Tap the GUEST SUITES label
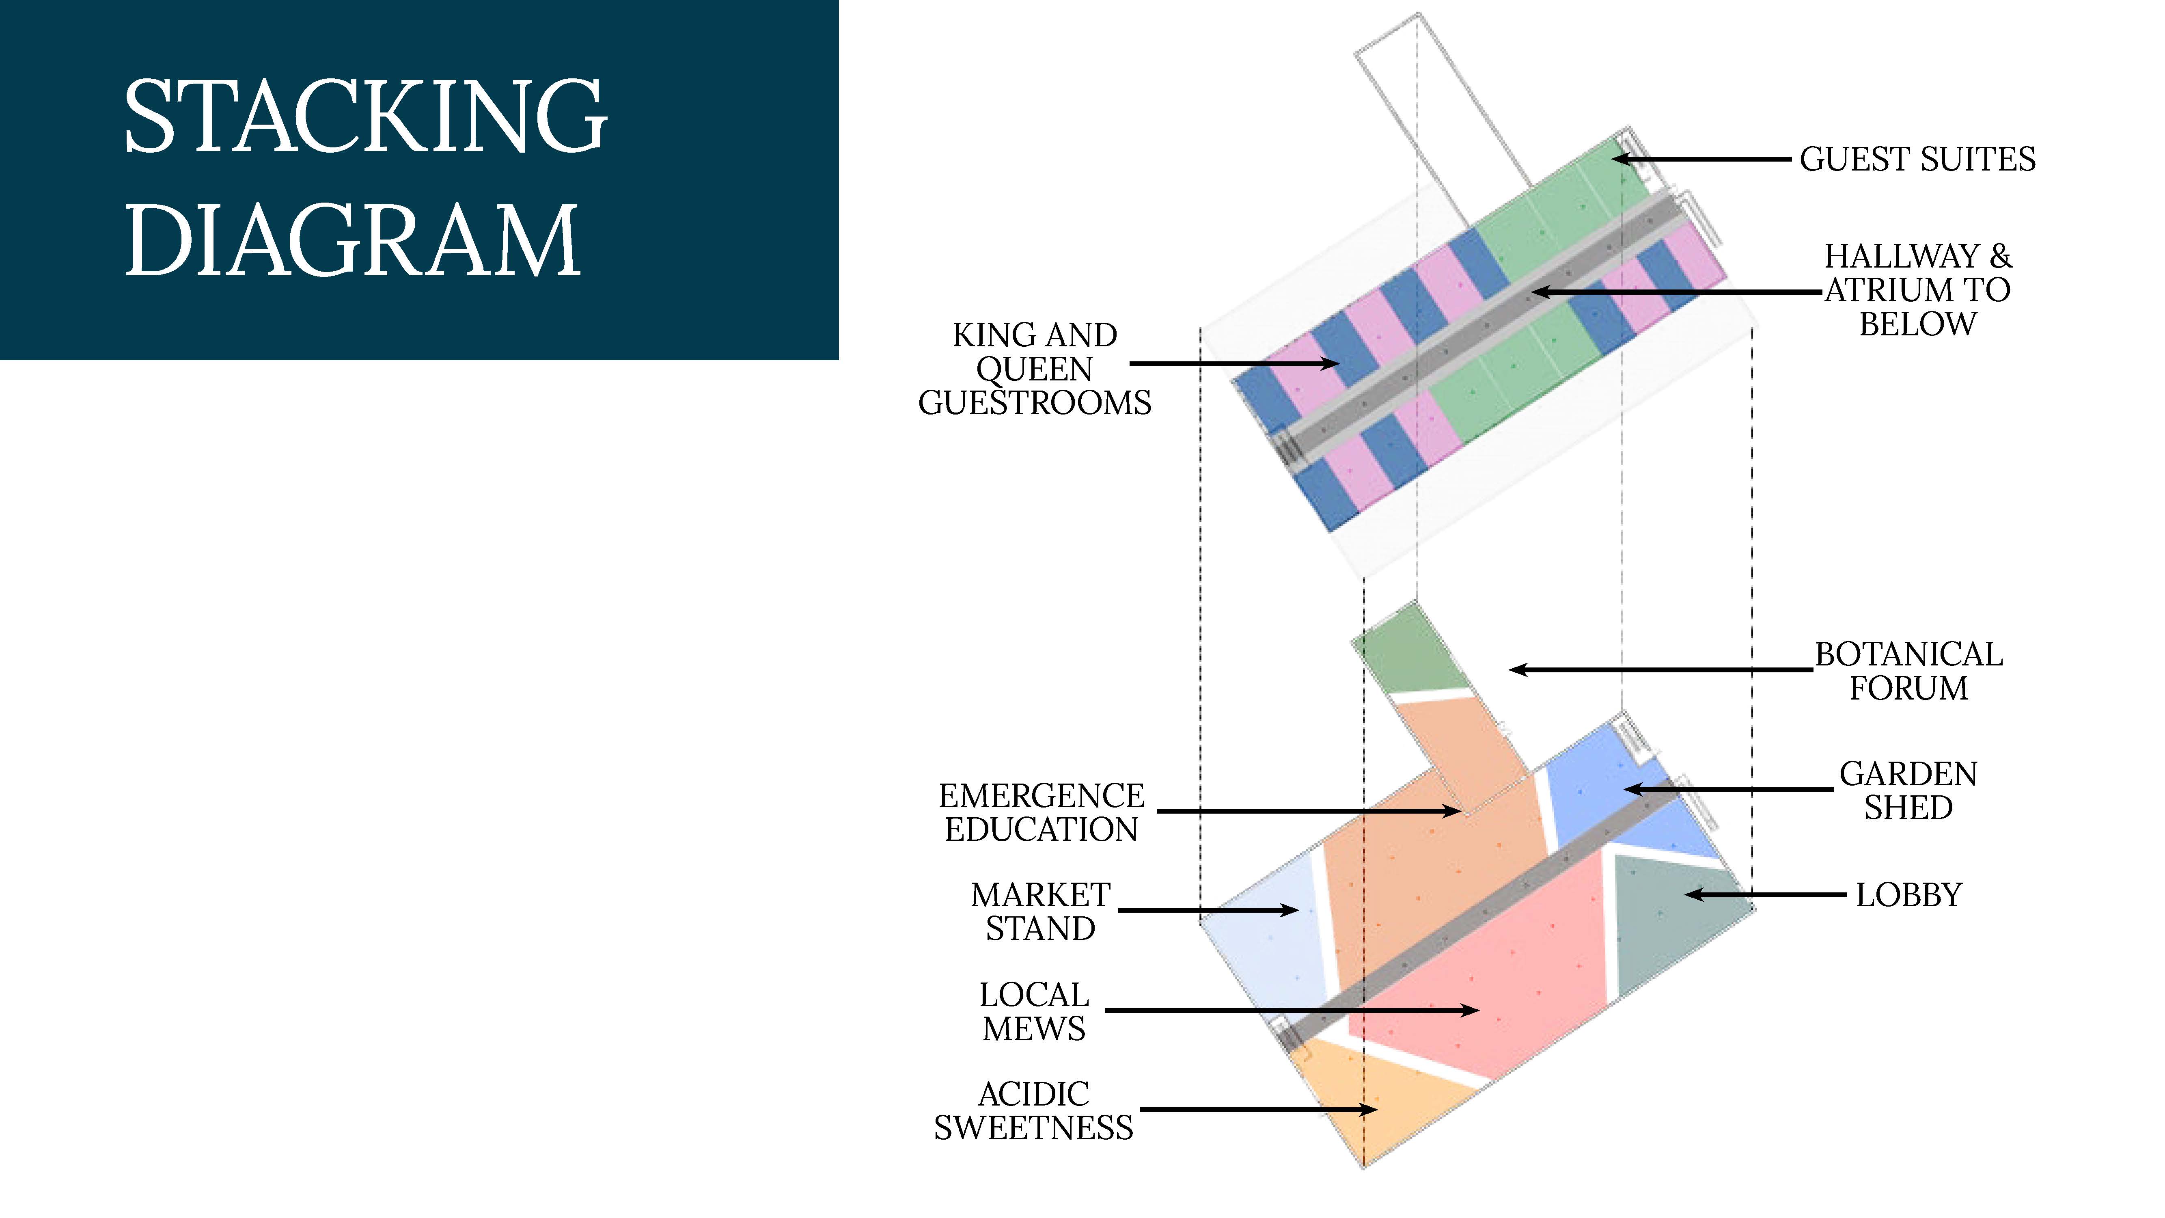click(x=1917, y=159)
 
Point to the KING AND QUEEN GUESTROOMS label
click(x=1035, y=369)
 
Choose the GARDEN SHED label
click(x=1908, y=790)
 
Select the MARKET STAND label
click(x=1040, y=911)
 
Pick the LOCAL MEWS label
click(x=1034, y=1011)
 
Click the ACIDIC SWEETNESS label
click(x=1034, y=1110)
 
